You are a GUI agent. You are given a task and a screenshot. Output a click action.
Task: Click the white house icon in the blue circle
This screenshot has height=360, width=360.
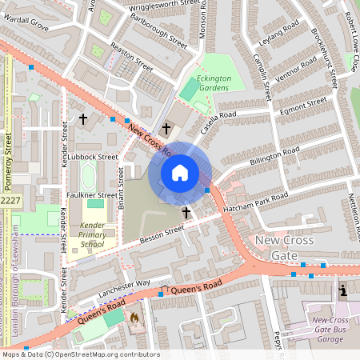(180, 172)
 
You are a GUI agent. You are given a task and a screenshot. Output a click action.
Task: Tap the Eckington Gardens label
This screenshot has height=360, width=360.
(214, 83)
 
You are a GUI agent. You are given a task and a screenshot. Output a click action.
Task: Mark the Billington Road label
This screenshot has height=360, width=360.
(274, 158)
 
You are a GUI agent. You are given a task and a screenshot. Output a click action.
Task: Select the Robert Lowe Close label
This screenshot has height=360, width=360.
(350, 53)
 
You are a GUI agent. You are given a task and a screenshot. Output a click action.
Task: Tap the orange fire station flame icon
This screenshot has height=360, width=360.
(134, 318)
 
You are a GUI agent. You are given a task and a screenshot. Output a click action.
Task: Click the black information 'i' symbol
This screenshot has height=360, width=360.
(343, 290)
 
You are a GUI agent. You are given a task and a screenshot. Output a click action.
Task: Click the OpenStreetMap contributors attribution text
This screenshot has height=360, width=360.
(80, 354)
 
